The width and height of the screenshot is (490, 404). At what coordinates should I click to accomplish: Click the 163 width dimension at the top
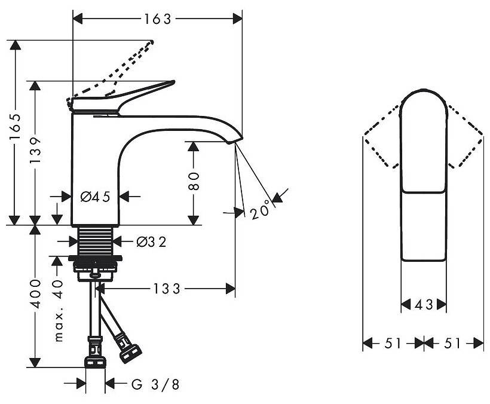point(157,19)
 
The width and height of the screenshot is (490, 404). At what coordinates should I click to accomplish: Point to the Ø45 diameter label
point(96,197)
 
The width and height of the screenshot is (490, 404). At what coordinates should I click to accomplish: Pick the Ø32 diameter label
point(151,241)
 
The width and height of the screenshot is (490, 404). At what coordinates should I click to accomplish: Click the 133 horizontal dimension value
point(167,289)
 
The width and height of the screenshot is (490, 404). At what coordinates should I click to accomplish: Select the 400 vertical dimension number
point(37,293)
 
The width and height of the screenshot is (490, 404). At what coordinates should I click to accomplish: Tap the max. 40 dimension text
point(59,310)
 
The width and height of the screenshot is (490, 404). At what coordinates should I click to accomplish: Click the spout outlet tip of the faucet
point(234,141)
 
